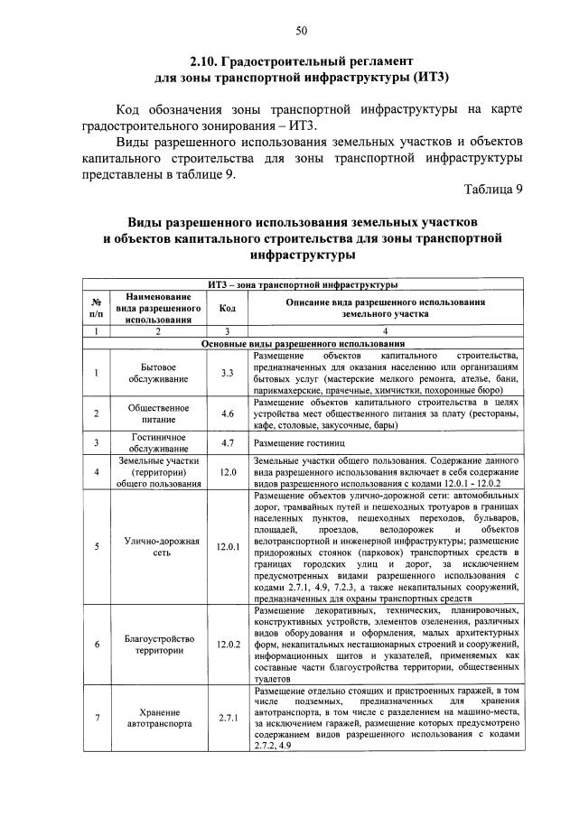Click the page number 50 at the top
pos(302,32)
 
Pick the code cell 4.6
pos(228,414)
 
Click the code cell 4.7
pos(228,443)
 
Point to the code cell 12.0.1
pos(228,546)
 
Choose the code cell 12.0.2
pos(228,644)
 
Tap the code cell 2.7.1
pos(228,718)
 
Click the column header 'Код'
pos(228,308)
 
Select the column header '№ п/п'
pos(95,308)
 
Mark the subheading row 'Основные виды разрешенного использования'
pos(302,344)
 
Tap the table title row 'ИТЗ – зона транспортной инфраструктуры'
pos(302,285)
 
